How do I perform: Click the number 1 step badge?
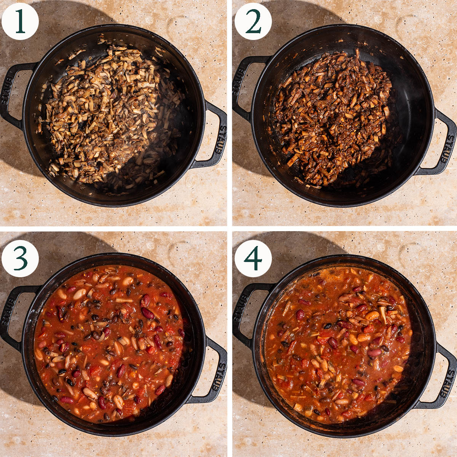tap(20, 21)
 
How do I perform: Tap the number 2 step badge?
tap(253, 21)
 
